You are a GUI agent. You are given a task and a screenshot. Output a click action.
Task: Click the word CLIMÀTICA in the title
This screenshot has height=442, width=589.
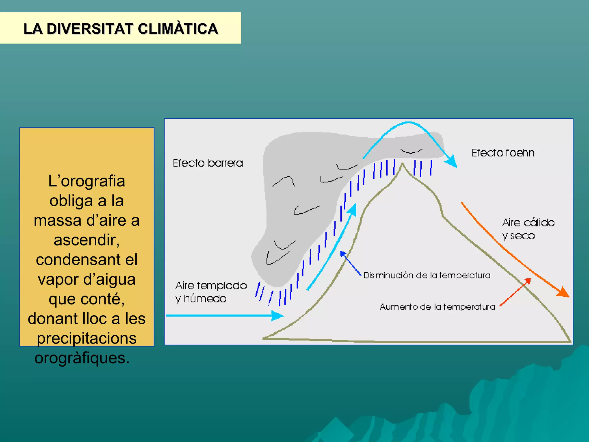178,29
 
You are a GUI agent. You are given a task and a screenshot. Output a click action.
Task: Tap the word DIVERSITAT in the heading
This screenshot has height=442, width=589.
90,29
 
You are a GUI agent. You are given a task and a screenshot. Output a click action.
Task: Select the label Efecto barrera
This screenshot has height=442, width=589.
208,163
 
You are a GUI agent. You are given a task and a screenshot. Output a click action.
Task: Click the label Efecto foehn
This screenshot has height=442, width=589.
503,153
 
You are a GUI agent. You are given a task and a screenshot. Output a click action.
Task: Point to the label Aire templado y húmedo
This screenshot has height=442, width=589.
211,292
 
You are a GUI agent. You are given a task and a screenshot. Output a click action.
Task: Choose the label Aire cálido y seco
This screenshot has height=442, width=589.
528,229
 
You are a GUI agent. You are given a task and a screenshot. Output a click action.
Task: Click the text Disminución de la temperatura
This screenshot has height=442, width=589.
427,275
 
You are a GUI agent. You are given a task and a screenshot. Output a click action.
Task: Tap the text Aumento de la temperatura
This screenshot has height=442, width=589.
437,307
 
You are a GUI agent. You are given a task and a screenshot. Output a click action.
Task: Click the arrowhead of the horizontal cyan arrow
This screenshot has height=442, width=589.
278,316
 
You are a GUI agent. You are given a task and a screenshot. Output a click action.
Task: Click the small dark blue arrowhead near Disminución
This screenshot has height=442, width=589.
343,254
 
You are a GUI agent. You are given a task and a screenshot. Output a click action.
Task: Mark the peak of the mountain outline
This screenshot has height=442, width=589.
402,164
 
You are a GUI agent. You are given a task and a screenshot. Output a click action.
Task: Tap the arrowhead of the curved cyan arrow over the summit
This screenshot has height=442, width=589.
452,161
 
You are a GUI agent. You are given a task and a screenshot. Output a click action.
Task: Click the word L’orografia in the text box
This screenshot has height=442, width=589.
87,181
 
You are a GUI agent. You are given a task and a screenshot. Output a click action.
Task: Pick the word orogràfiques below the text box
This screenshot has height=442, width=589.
82,358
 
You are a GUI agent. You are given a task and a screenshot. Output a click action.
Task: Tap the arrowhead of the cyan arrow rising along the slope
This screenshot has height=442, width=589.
353,209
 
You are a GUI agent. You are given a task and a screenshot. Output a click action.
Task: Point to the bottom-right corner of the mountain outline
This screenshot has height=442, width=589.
570,342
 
